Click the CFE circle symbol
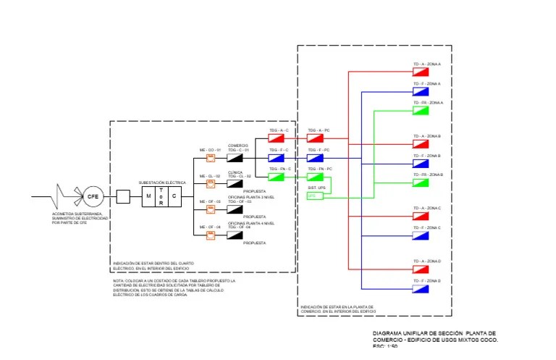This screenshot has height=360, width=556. point(93,196)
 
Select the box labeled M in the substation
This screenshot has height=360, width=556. point(148,196)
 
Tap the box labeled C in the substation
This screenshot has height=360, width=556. point(174,196)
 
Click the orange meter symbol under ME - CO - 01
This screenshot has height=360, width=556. point(211,157)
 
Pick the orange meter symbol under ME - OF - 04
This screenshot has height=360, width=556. point(211,234)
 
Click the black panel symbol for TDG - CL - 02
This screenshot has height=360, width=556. point(235,183)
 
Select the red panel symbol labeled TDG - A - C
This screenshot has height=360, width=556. point(277,138)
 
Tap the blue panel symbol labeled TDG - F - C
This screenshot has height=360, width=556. point(277,157)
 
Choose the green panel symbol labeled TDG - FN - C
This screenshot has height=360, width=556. point(277,176)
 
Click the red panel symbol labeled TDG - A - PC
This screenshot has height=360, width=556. point(315,138)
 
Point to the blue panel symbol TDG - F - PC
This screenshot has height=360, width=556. point(315,157)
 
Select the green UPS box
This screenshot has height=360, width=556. point(313,196)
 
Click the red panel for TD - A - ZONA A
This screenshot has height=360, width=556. point(421,72)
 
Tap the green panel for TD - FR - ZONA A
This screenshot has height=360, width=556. point(421,110)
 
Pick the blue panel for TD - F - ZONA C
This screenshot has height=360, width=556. point(421,235)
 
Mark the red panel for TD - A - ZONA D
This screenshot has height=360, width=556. point(421,268)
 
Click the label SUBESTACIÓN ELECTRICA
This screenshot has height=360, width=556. point(162,183)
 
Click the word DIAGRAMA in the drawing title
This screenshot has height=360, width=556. point(387,333)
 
